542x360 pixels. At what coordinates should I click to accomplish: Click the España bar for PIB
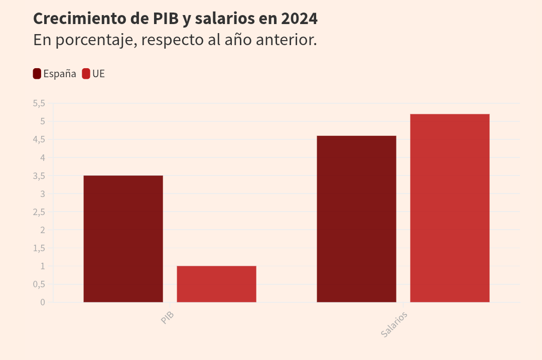pyautogui.click(x=123, y=239)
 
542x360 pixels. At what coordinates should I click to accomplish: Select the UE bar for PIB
pyautogui.click(x=216, y=284)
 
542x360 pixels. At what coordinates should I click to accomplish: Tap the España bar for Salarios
pyautogui.click(x=356, y=219)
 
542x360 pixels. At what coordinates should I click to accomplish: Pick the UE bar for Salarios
pyautogui.click(x=450, y=208)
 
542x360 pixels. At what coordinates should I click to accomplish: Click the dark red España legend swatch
pyautogui.click(x=37, y=74)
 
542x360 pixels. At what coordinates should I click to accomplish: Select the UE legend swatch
pyautogui.click(x=86, y=74)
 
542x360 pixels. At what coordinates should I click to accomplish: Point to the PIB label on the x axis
pyautogui.click(x=168, y=318)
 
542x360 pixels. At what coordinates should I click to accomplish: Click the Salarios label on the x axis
pyautogui.click(x=394, y=324)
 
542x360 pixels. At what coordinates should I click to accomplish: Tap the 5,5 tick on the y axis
pyautogui.click(x=39, y=103)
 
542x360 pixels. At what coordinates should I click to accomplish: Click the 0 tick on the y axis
pyautogui.click(x=43, y=302)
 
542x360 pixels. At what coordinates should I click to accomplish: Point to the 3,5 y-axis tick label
pyautogui.click(x=39, y=176)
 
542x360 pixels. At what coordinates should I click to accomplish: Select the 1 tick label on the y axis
pyautogui.click(x=43, y=266)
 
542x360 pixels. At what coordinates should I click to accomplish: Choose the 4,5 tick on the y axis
pyautogui.click(x=39, y=139)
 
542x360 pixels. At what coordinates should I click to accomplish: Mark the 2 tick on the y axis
pyautogui.click(x=43, y=230)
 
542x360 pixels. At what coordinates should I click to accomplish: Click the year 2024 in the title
pyautogui.click(x=299, y=19)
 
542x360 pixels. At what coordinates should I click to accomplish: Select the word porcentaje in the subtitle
pyautogui.click(x=95, y=40)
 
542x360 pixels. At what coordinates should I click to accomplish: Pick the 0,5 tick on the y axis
pyautogui.click(x=39, y=284)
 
